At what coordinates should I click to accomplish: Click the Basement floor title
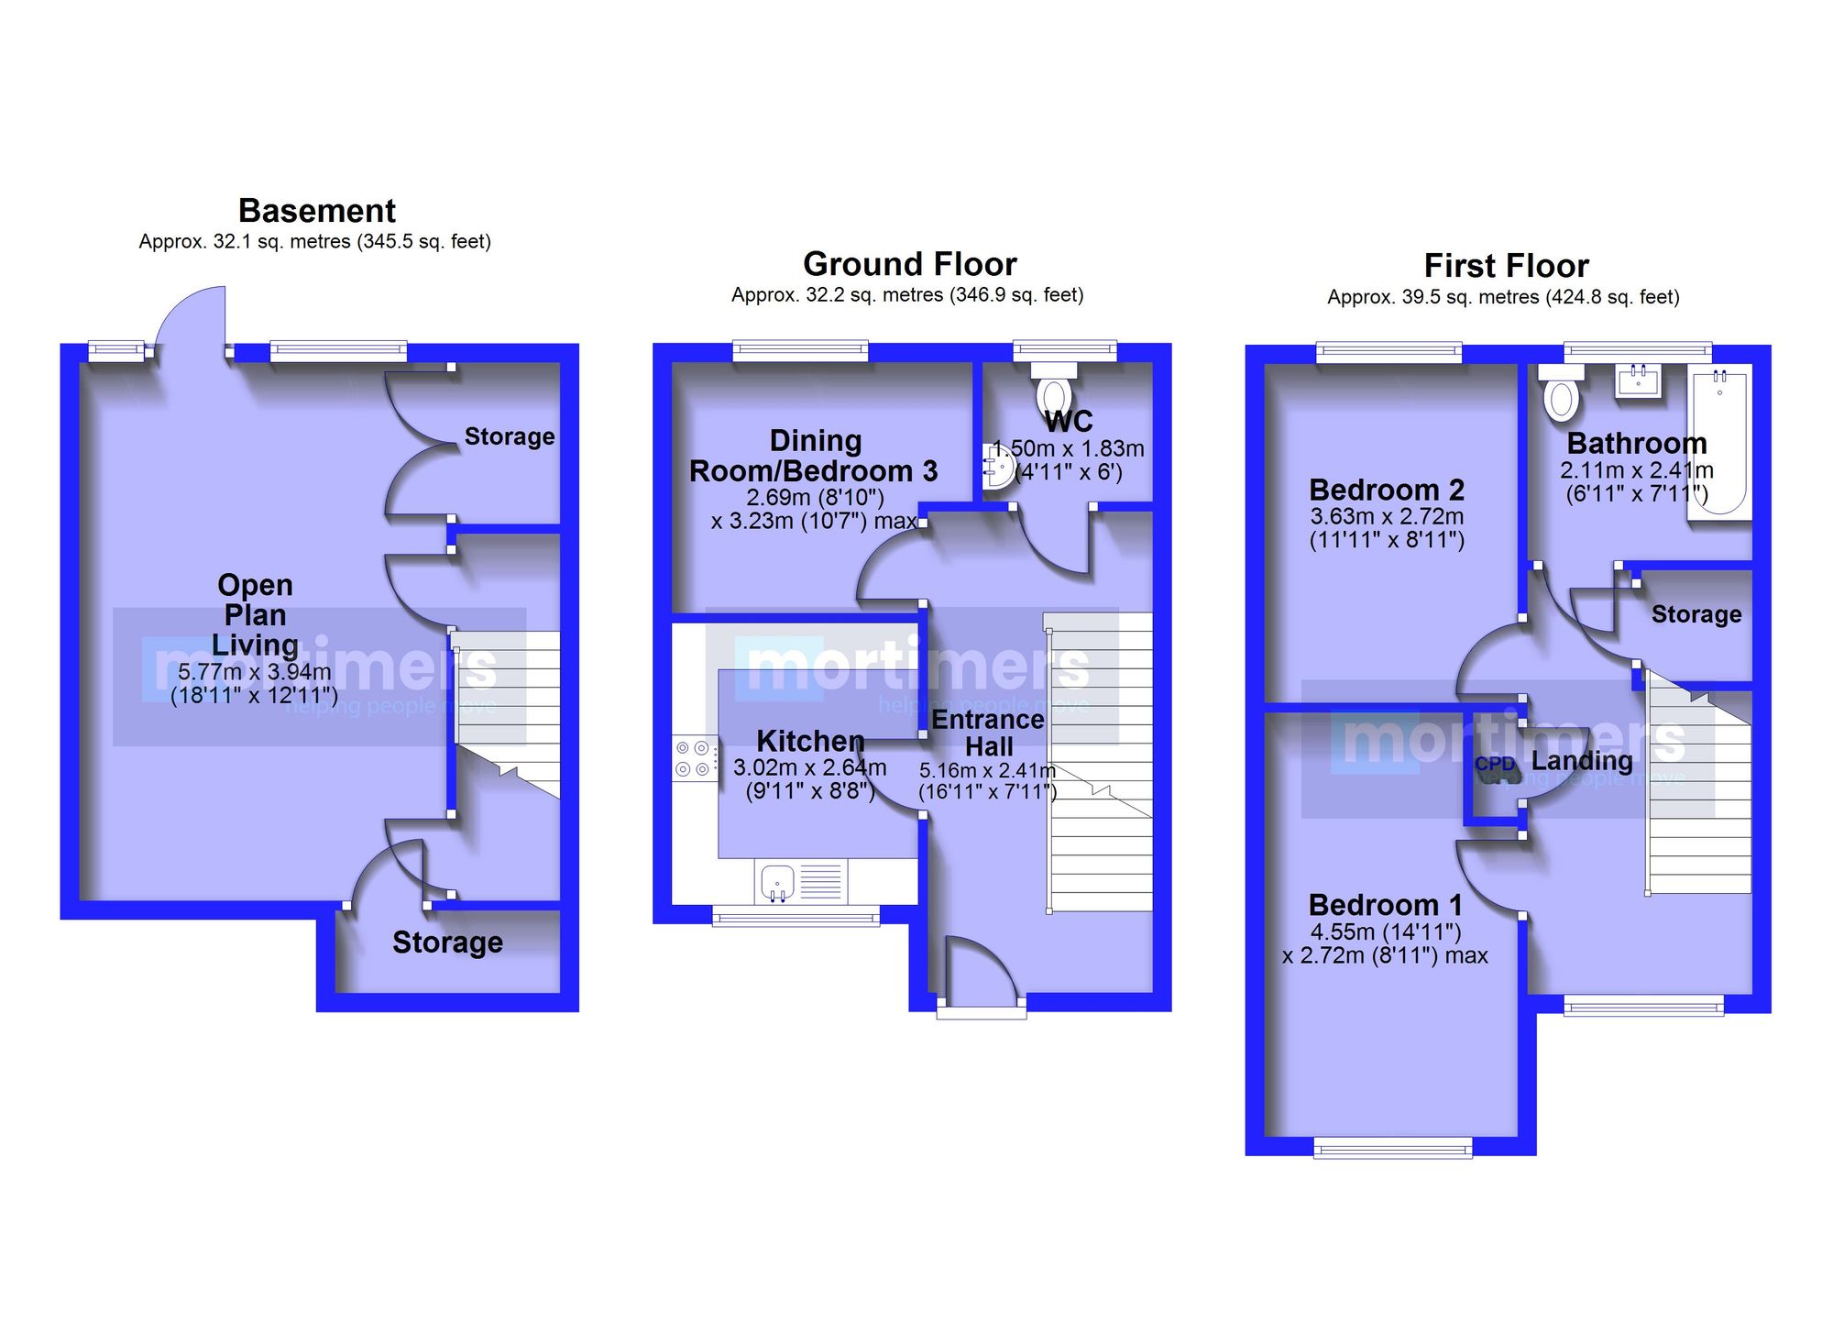click(317, 211)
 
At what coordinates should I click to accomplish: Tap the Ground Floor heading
click(910, 264)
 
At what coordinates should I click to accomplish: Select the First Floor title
click(1506, 266)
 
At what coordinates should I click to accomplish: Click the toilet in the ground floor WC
click(1055, 391)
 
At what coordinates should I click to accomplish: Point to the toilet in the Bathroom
click(1561, 392)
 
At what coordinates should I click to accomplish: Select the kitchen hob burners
click(695, 758)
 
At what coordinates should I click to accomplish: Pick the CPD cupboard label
click(1495, 764)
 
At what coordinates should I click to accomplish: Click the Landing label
click(1582, 761)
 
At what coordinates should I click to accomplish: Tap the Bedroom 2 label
click(1387, 490)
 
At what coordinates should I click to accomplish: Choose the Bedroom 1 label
click(1385, 905)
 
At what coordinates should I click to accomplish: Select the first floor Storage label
click(1696, 614)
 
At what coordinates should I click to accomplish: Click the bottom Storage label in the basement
click(447, 943)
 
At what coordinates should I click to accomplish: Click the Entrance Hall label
click(988, 733)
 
